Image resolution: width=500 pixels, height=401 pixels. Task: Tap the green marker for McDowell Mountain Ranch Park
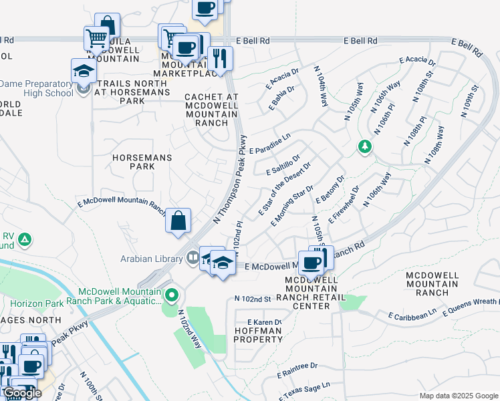click(172, 294)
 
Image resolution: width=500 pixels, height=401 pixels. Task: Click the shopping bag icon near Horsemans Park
click(178, 221)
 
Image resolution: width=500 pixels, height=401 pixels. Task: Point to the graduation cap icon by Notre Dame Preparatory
click(84, 70)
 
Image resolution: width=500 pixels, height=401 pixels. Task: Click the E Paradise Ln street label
click(270, 144)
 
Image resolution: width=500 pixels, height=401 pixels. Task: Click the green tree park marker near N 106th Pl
click(364, 146)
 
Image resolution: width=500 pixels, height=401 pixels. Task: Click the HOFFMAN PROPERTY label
click(258, 335)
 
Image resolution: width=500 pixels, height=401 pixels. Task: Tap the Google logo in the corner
click(21, 393)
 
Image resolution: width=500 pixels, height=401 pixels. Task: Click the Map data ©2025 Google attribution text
click(458, 396)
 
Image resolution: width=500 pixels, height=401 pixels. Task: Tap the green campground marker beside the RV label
click(25, 239)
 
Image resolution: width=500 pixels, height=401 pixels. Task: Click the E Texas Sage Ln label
click(304, 389)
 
